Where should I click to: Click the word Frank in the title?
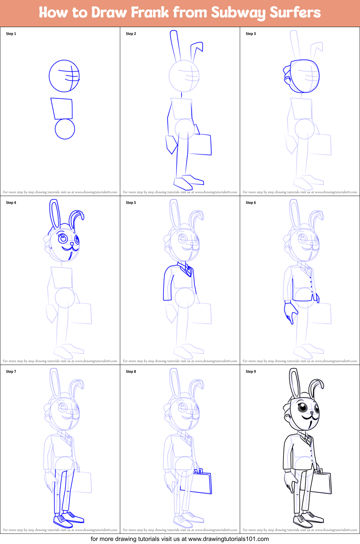(x=150, y=13)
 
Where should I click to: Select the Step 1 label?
(x=11, y=34)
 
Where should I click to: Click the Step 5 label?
(x=131, y=202)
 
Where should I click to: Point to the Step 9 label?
(x=251, y=371)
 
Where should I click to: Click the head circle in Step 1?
(x=64, y=76)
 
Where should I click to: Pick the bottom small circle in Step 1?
(x=65, y=129)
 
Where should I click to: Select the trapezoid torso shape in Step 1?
(x=62, y=108)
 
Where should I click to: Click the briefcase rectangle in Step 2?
(x=201, y=144)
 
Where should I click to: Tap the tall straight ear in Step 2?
(x=175, y=46)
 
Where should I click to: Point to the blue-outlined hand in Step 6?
(x=290, y=312)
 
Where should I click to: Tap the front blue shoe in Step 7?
(x=63, y=521)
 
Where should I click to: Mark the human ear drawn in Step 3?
(x=288, y=81)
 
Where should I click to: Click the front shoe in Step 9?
(x=302, y=521)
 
